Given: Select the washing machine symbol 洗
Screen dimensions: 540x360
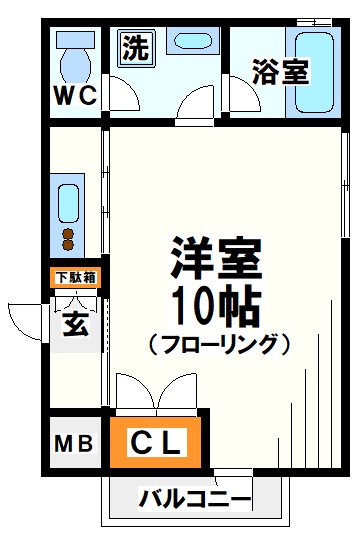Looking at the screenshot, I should (x=134, y=47).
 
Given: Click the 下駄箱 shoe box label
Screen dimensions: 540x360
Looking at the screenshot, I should (x=73, y=278).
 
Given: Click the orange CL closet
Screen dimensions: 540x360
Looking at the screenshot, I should (x=157, y=442).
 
